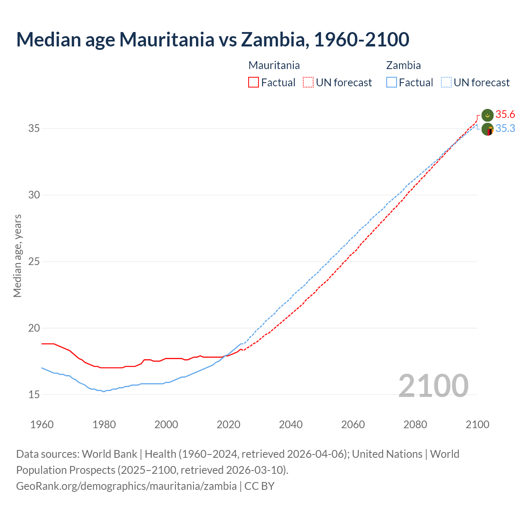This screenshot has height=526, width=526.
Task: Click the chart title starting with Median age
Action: (x=212, y=39)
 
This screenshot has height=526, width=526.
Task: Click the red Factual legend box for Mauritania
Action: (x=254, y=83)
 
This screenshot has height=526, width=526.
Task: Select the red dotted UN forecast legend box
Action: (x=308, y=83)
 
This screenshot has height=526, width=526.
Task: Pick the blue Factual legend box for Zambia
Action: (x=392, y=83)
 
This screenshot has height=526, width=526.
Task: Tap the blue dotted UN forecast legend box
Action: (x=446, y=83)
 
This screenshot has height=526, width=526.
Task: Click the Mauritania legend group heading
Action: (x=274, y=65)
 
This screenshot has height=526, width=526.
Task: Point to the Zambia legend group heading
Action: (x=403, y=65)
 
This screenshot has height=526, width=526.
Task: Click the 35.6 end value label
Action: (x=505, y=114)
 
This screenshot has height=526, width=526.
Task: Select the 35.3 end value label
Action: (x=505, y=129)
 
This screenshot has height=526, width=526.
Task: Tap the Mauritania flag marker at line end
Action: (x=487, y=115)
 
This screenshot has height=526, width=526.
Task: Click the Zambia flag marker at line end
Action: (x=487, y=129)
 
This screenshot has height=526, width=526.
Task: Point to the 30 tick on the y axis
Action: (x=34, y=195)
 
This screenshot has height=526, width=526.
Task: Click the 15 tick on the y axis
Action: (x=34, y=395)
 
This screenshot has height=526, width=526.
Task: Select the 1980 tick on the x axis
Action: (x=104, y=424)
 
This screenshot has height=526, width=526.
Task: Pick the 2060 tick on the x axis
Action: (x=353, y=424)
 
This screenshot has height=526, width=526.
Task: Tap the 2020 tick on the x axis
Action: (x=228, y=424)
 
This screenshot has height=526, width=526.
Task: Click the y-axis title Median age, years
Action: (x=17, y=256)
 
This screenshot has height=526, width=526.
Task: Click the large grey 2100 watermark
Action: (x=433, y=385)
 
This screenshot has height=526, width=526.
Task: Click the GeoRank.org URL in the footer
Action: (x=126, y=486)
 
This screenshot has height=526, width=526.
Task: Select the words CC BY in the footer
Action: (x=259, y=486)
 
